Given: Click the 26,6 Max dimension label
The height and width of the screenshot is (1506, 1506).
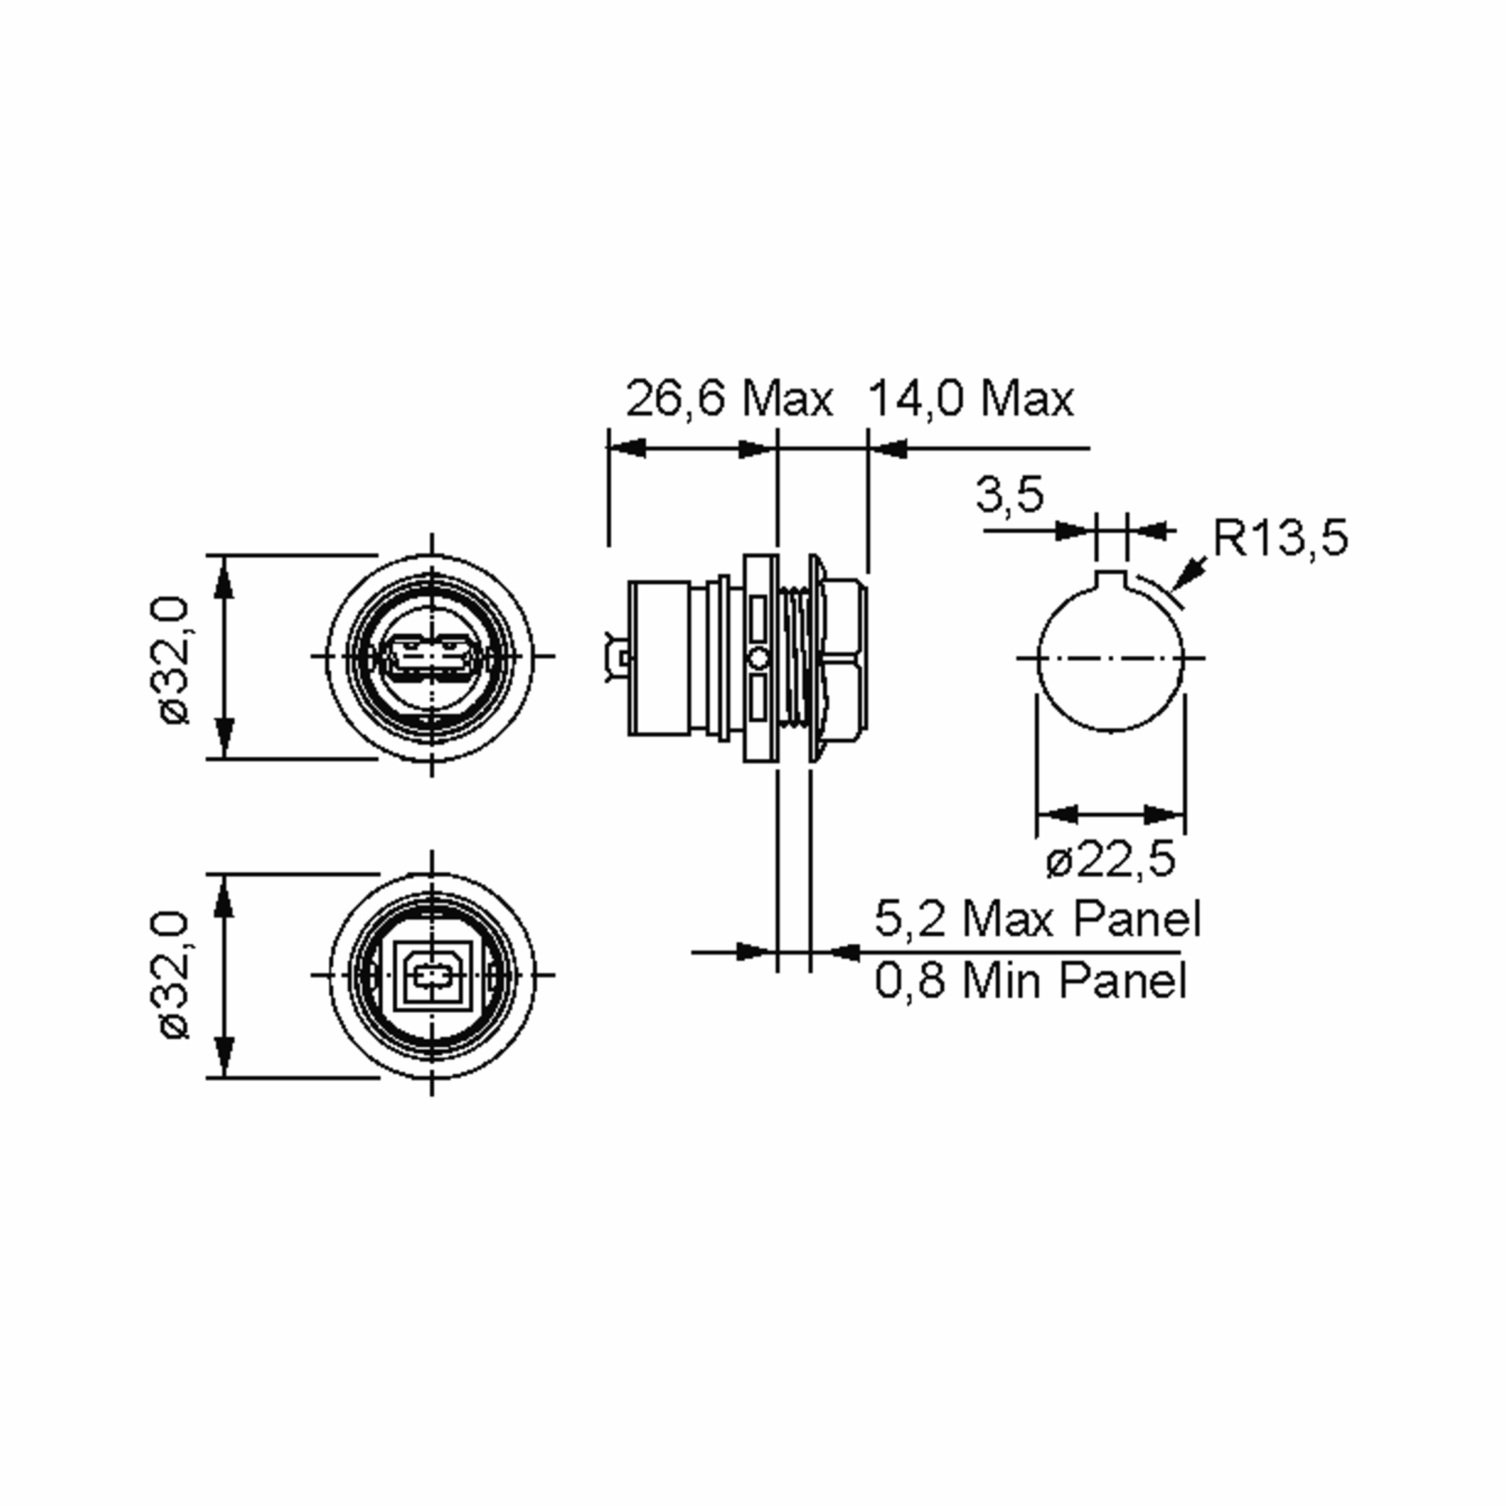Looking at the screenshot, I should coord(729,398).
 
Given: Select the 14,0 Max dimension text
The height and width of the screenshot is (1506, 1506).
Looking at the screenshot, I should coord(971,398).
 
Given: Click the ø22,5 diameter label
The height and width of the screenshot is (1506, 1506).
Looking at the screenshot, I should coord(1110,860).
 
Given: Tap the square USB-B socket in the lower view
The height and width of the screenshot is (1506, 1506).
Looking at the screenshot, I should coord(432,975).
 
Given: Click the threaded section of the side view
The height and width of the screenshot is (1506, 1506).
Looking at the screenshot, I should coord(795,657).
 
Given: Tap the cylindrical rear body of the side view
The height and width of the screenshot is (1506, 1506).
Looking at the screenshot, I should coord(659,657).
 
